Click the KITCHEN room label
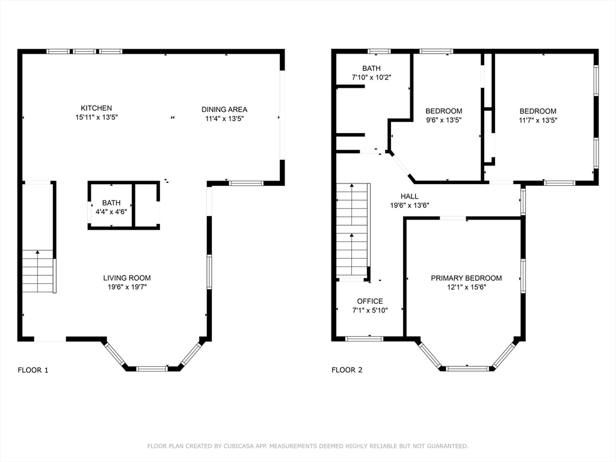(96, 108)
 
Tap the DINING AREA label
(224, 109)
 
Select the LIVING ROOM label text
(127, 278)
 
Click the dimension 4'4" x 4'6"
(111, 212)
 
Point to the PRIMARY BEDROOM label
(466, 278)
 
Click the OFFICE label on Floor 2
(370, 301)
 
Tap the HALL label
(409, 197)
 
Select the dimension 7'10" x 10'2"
(371, 78)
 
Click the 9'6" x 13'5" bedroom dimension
(443, 120)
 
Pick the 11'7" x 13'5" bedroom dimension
(538, 120)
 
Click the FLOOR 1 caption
(33, 370)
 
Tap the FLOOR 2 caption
(347, 370)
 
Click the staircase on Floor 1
(38, 271)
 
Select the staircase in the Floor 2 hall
(353, 230)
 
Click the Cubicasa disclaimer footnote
(307, 446)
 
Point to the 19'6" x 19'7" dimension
(127, 287)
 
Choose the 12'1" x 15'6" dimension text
(466, 287)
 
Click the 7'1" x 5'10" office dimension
(370, 310)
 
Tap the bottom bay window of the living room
(152, 369)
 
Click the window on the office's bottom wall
(364, 339)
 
